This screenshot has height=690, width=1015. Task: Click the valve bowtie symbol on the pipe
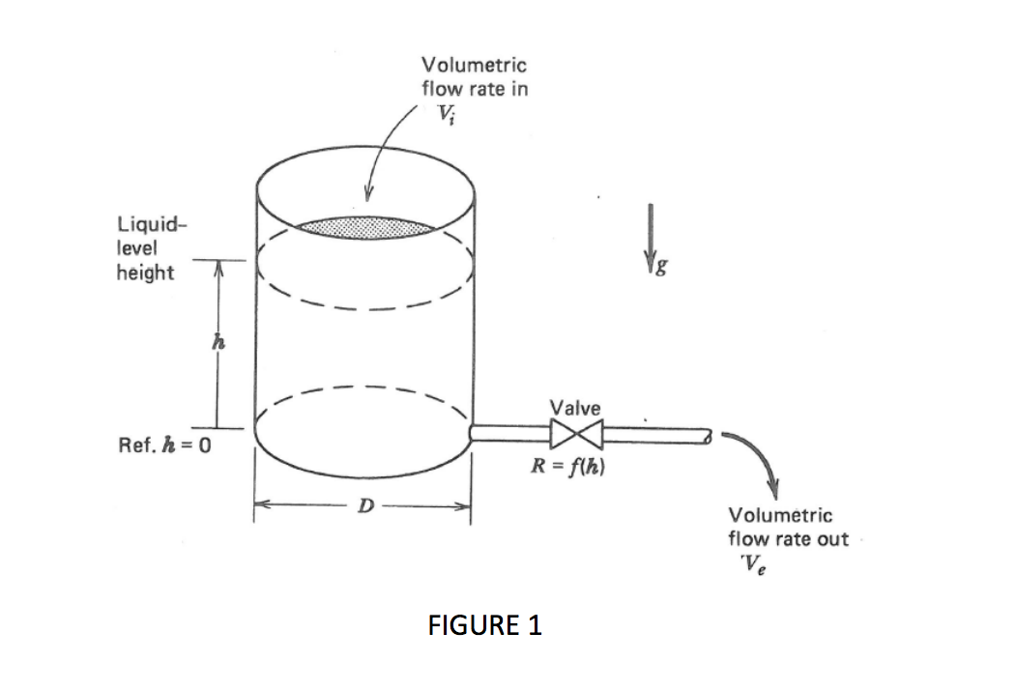tap(576, 434)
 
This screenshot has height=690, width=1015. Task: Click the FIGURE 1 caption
tap(484, 625)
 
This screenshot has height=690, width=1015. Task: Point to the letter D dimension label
tap(363, 504)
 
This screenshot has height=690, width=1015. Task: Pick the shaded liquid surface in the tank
tap(365, 227)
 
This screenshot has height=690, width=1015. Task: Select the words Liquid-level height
tap(147, 249)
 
